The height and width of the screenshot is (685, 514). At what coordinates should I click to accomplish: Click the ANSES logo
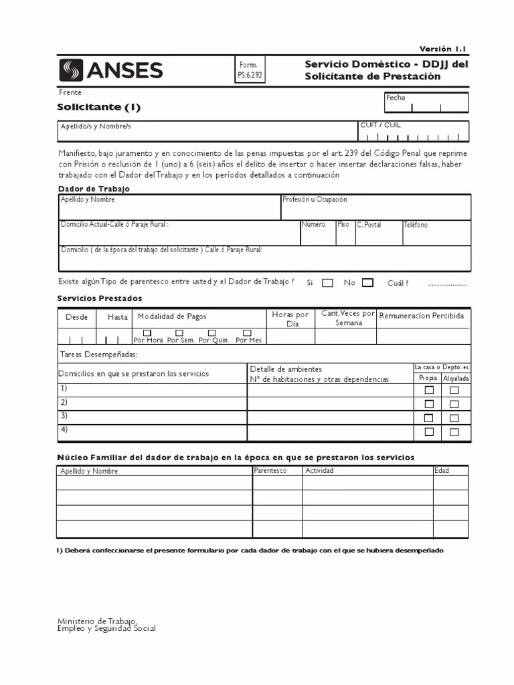[x=111, y=70]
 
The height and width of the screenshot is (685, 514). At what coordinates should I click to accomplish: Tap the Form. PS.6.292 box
[x=250, y=70]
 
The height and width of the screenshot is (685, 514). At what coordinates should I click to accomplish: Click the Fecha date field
[x=426, y=102]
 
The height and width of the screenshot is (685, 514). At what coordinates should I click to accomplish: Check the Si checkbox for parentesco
[x=327, y=283]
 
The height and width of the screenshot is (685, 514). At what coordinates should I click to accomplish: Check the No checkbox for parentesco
[x=367, y=283]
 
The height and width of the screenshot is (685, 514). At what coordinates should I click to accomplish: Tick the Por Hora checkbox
[x=147, y=332]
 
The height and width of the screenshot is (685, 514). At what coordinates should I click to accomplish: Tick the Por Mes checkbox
[x=247, y=332]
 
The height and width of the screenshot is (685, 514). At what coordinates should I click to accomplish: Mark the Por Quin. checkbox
[x=212, y=332]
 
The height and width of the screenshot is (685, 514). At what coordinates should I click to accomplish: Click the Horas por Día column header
[x=290, y=319]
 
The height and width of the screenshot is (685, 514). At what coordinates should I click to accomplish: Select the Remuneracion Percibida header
[x=421, y=316]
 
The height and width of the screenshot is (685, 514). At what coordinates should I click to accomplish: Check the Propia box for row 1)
[x=429, y=390]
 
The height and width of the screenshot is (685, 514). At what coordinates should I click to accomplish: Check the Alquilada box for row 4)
[x=454, y=432]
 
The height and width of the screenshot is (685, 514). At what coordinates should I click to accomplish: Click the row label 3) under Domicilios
[x=64, y=415]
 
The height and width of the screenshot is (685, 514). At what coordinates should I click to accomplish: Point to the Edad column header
[x=442, y=471]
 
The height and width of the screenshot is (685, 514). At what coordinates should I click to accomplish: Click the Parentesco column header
[x=270, y=471]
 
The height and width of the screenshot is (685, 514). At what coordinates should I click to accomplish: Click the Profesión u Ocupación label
[x=315, y=200]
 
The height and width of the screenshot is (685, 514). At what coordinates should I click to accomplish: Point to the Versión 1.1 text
[x=442, y=49]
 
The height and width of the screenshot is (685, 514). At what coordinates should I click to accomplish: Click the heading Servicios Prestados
[x=100, y=298]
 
